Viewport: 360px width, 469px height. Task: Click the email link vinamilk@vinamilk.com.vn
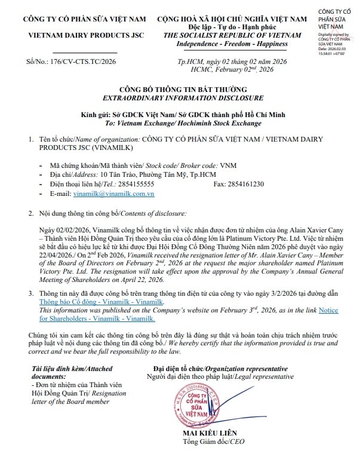113,194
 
